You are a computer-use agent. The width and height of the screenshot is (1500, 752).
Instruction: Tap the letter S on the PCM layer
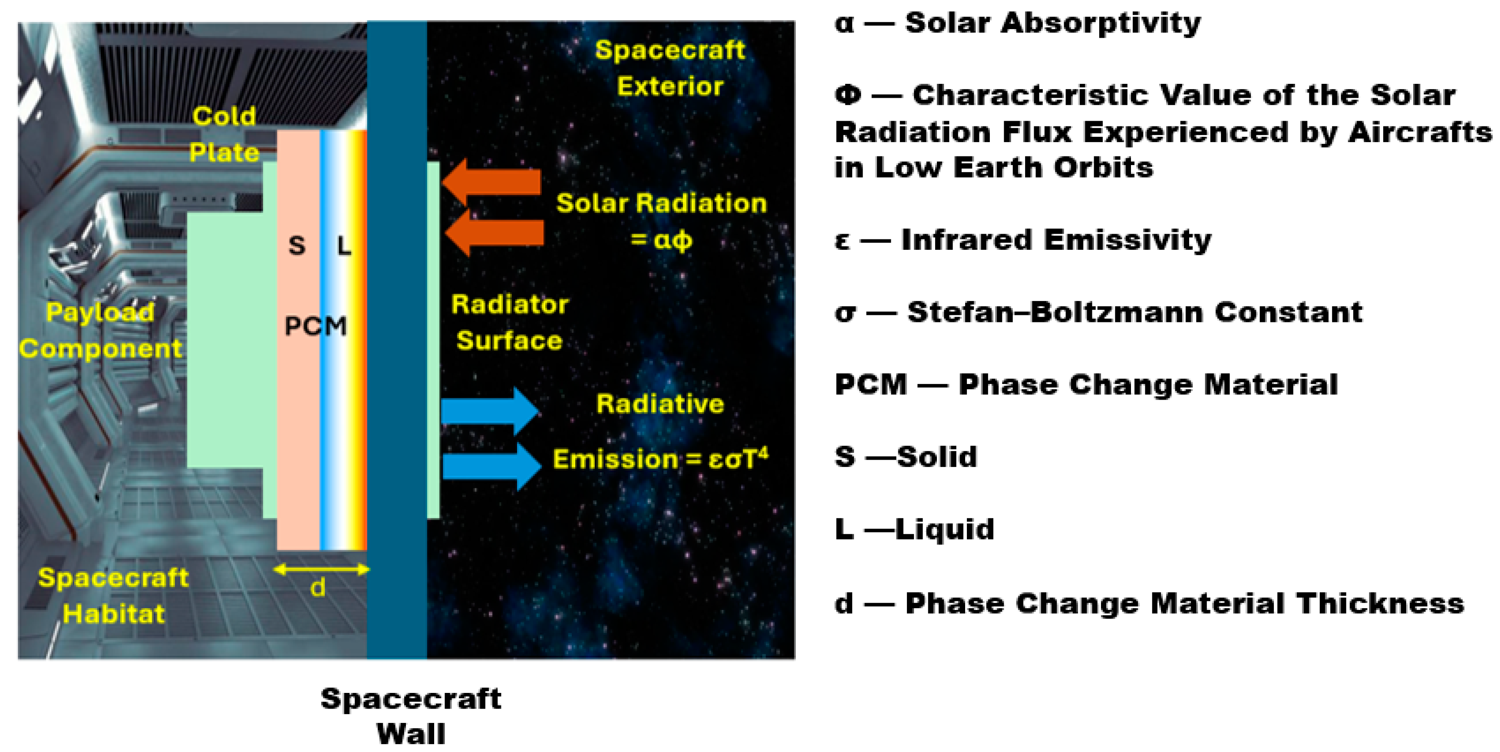(297, 246)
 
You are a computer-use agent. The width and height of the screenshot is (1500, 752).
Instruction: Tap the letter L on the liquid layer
(344, 246)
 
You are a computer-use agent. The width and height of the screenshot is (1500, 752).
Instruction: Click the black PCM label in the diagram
(316, 326)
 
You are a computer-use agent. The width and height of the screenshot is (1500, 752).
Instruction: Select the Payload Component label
(100, 330)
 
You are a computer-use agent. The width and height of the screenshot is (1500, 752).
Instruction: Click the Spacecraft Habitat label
(114, 595)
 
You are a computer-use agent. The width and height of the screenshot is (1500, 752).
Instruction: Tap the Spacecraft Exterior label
(669, 68)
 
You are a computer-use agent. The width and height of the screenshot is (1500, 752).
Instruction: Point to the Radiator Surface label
(510, 322)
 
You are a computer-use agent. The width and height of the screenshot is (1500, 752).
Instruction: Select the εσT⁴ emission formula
(737, 459)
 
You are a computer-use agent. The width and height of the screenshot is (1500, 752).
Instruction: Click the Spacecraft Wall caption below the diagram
(411, 716)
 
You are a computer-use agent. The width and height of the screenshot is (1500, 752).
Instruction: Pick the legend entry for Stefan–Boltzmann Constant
(1098, 312)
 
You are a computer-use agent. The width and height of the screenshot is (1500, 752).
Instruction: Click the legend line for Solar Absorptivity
(1017, 23)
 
